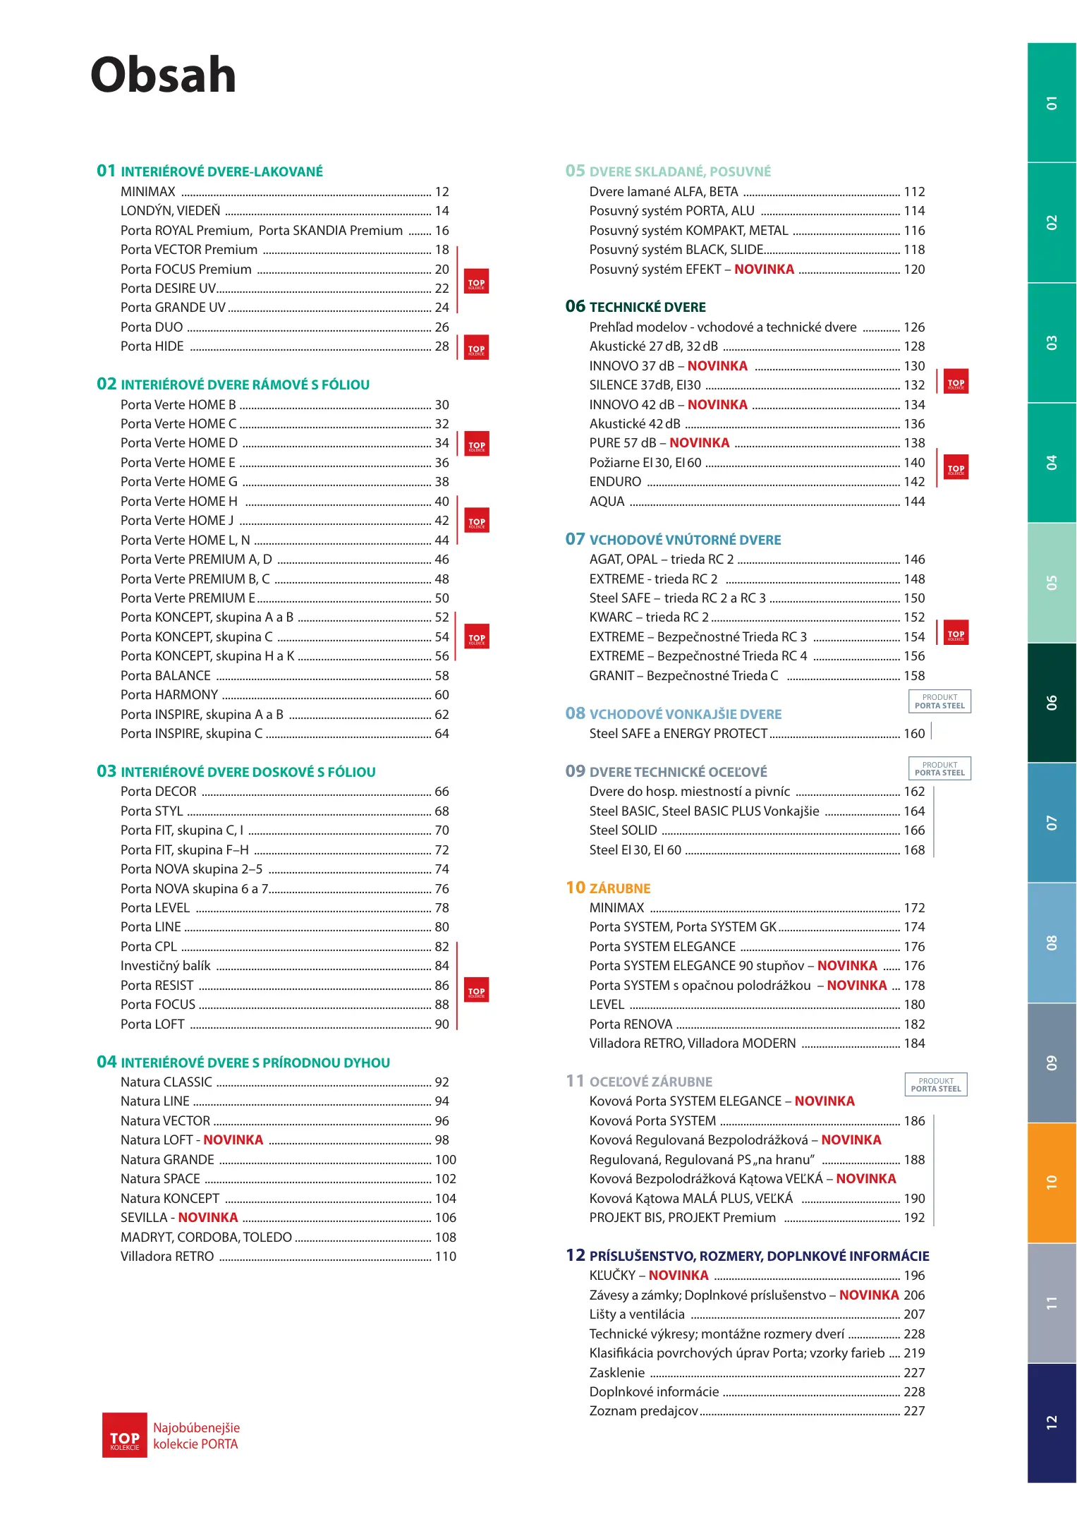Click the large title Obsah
pos(164,75)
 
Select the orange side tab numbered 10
pos(1051,1182)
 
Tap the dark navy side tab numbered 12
pos(1051,1422)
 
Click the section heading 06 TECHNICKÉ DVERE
pos(635,307)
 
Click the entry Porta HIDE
pos(152,346)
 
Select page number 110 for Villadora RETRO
pos(446,1257)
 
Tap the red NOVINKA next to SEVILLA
pos(208,1218)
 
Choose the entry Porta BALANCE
pos(166,676)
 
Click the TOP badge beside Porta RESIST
pos(477,991)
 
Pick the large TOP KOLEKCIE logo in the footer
pos(125,1435)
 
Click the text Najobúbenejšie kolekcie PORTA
pos(196,1436)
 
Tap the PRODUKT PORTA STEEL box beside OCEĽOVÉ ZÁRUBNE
pos(936,1084)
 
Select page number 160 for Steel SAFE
pos(914,734)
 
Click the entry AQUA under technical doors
pos(607,502)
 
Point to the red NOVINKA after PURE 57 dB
pos(700,443)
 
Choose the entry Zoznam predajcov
pos(644,1411)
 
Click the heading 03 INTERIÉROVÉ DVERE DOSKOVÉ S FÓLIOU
pos(236,772)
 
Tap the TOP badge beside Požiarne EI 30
pos(956,467)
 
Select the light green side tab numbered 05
pos(1051,583)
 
